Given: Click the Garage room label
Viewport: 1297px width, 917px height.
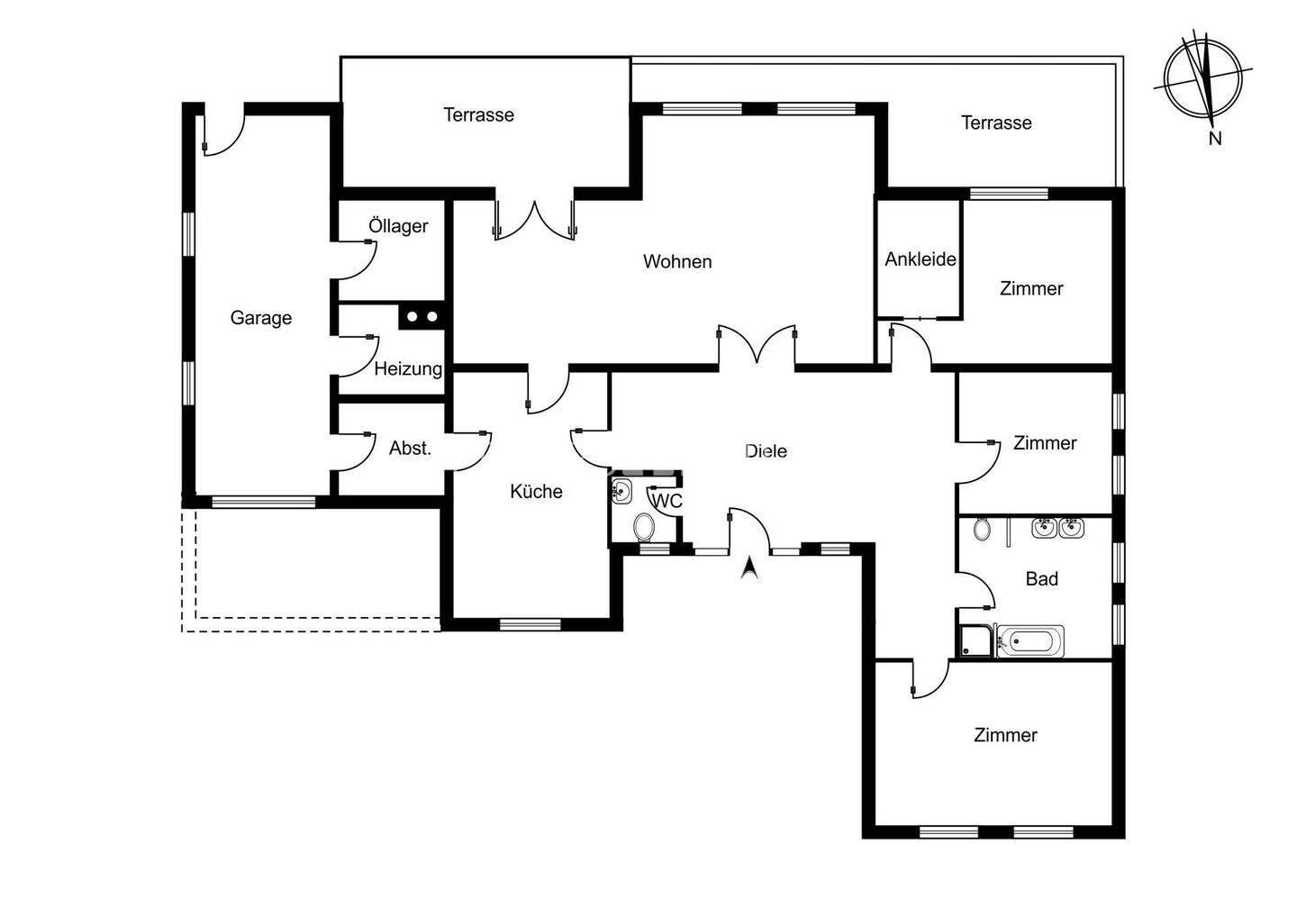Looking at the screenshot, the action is coord(260,318).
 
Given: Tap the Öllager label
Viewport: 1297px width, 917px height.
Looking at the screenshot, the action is coord(398,226).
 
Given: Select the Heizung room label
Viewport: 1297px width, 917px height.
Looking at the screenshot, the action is coord(408,368).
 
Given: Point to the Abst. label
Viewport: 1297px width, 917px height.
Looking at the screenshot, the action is coord(410,448).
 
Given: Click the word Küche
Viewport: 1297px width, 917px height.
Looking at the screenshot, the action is coord(536,491).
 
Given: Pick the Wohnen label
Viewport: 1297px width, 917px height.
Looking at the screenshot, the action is coord(677,261).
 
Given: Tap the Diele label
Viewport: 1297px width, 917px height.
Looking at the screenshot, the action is coord(766,451).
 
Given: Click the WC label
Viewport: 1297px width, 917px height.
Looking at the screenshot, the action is coord(667,501).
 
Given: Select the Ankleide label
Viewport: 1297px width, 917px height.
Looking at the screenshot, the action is coord(920,259).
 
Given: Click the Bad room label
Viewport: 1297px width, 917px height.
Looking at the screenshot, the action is coord(1041,578).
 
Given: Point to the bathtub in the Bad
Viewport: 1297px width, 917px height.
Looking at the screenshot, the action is coord(1032,641).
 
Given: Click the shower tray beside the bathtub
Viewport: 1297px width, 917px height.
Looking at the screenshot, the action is coord(975,641).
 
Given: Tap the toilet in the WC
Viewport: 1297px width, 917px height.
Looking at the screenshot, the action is coord(643,526).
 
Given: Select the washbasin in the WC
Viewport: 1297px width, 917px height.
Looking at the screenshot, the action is coord(622,492).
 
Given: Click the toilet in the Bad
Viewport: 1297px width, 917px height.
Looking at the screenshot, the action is coord(983,529).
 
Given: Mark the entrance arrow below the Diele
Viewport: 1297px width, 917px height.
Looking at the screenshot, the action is coord(748,568).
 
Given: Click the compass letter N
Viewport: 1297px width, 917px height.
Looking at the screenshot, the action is coord(1215,138).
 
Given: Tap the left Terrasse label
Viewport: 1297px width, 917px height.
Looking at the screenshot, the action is coord(478,114).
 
